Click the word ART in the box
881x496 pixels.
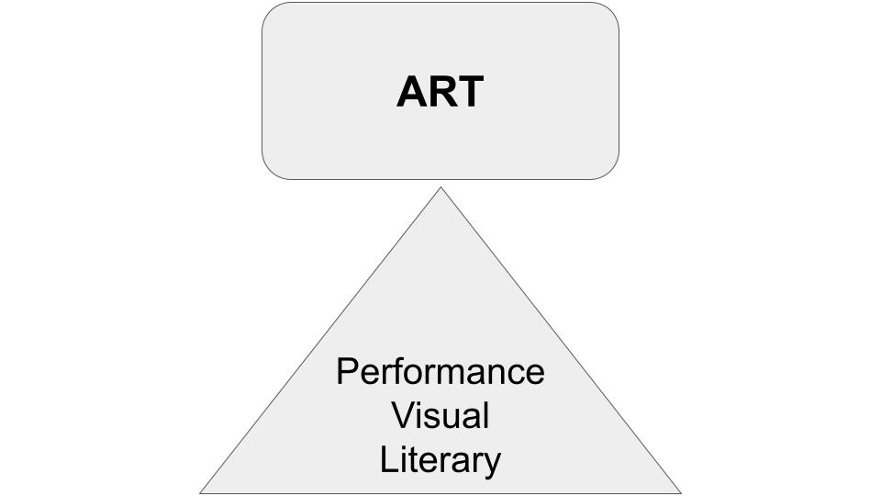[440, 92]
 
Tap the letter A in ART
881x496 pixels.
[411, 92]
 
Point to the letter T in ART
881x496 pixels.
[470, 92]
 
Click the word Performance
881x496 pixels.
[440, 371]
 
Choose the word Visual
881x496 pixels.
[440, 415]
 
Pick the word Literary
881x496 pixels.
[440, 461]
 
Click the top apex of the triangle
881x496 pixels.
[441, 187]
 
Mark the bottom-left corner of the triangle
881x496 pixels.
[201, 493]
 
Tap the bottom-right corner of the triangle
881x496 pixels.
[681, 493]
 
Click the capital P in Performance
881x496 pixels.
[347, 371]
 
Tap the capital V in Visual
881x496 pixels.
[404, 415]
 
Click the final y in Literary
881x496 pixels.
[492, 467]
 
